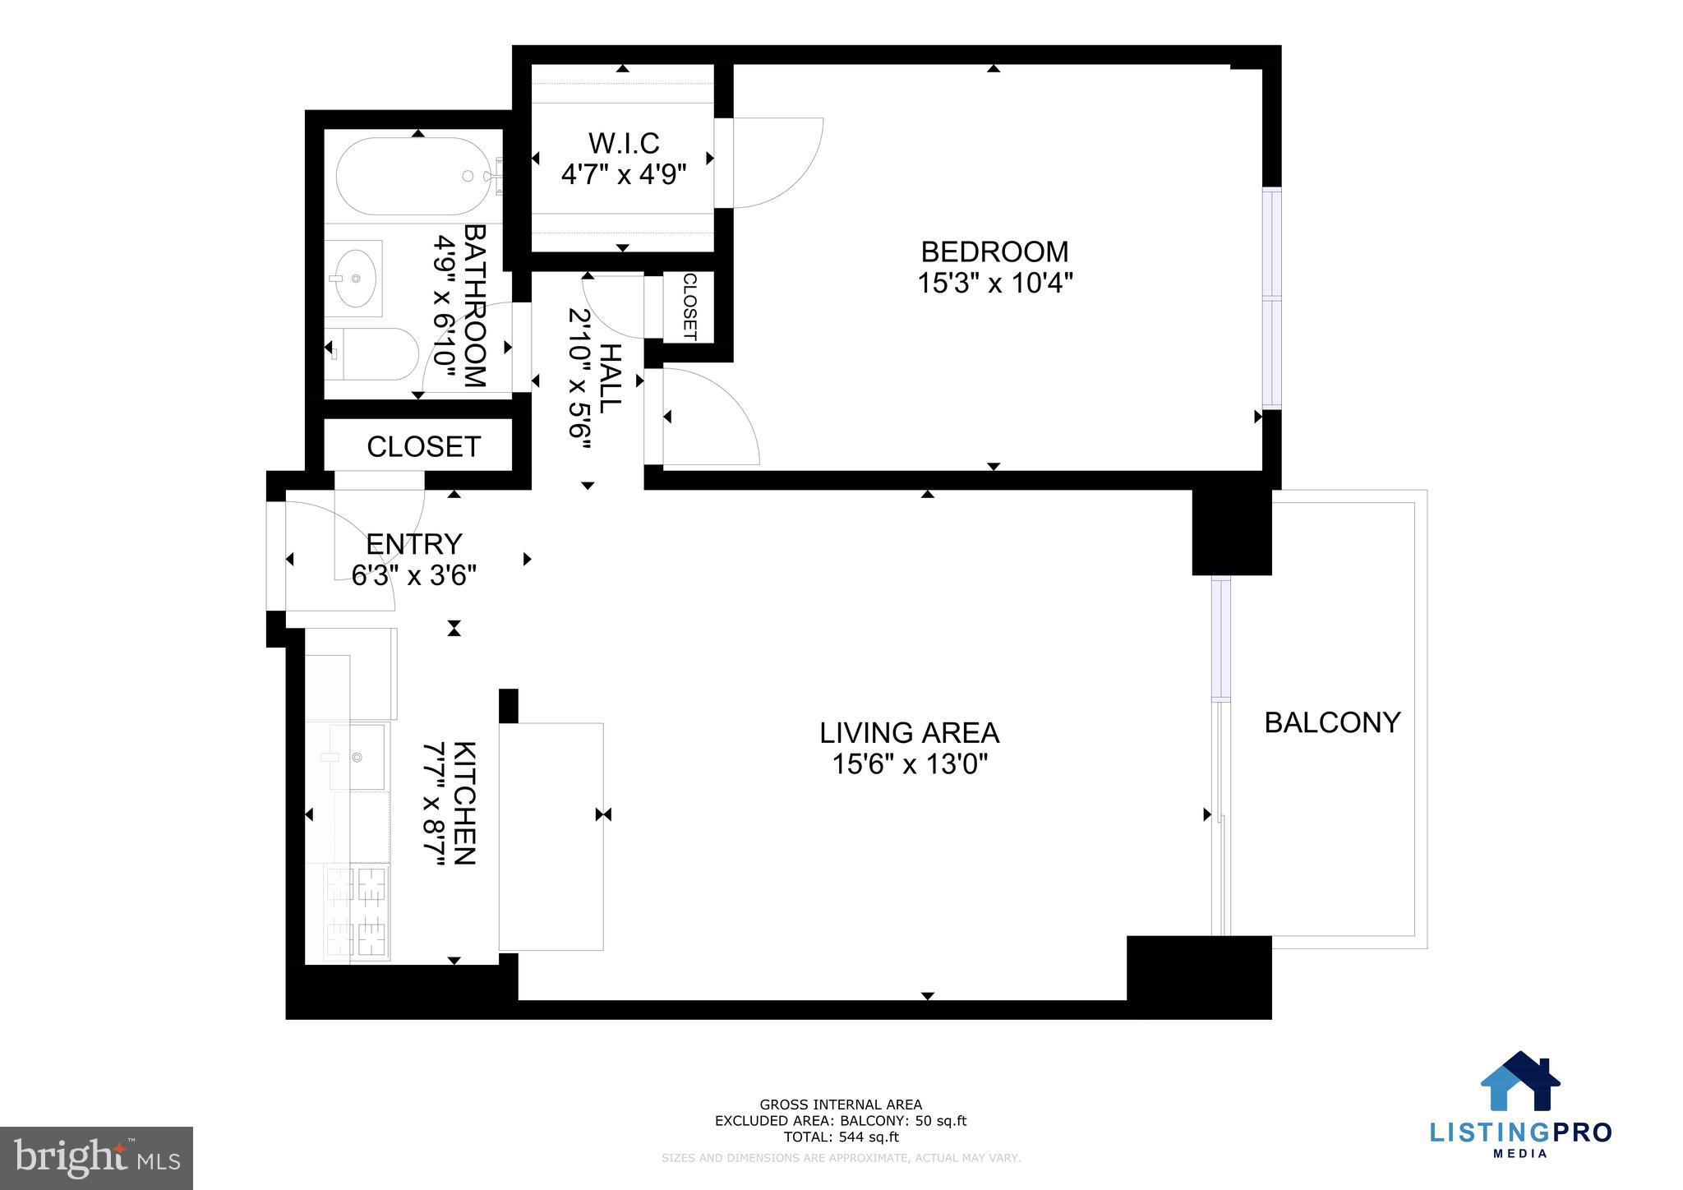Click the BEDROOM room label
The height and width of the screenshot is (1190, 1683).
994,251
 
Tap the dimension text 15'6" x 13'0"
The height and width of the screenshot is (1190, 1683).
909,765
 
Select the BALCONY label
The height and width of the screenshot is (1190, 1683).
1331,722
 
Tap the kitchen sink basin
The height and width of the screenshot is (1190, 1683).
358,756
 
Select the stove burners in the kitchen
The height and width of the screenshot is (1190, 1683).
357,911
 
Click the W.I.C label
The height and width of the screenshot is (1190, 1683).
623,144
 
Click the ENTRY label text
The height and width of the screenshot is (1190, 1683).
413,544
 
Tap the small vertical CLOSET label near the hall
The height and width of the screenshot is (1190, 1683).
689,307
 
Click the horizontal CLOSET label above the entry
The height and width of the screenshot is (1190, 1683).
423,446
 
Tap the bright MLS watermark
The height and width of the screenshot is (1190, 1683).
96,1158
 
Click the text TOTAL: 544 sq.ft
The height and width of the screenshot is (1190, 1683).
840,1137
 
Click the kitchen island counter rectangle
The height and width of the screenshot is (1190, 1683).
551,837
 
